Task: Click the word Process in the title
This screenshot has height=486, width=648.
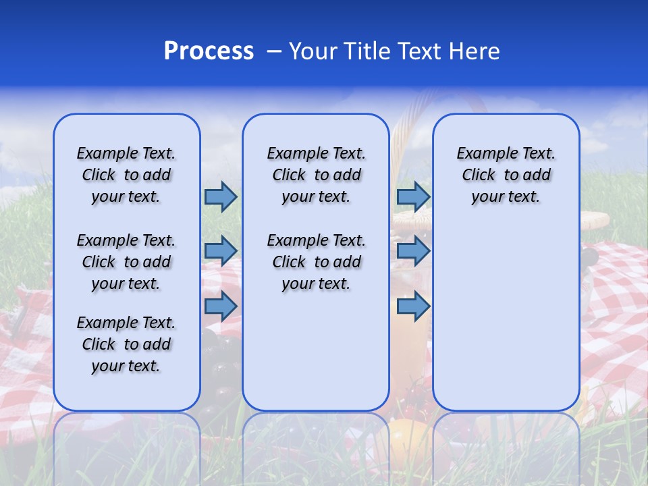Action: pos(209,51)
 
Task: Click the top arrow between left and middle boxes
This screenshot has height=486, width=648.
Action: pos(221,196)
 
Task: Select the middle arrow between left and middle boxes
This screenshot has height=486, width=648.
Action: pos(221,251)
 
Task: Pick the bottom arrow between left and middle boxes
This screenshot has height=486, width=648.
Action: pos(221,306)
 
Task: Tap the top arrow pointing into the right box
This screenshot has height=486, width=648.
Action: pos(413,196)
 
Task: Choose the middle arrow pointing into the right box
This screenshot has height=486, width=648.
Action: pos(413,251)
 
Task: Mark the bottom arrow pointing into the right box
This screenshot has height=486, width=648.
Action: pos(413,306)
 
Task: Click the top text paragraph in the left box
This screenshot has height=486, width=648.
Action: pos(126,175)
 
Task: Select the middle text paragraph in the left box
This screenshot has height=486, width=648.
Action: pos(126,262)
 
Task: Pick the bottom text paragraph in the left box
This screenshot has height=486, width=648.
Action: pos(126,344)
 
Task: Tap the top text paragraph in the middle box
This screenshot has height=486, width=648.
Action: pos(316,175)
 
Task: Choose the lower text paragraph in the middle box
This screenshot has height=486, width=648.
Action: pos(316,262)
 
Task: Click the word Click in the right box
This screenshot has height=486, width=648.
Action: pos(479,175)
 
